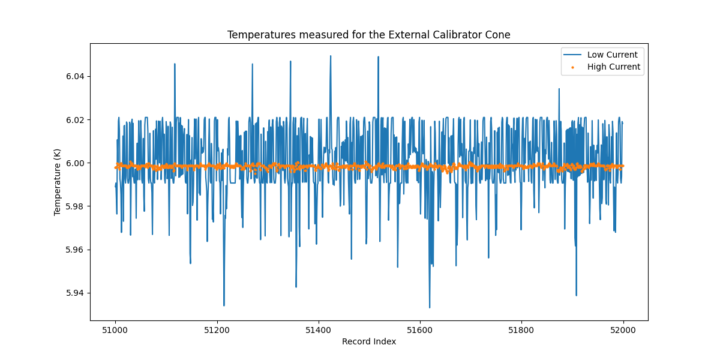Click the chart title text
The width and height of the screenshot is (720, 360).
point(368,35)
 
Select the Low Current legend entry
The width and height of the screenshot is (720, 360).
point(612,55)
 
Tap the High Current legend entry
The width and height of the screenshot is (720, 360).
point(613,67)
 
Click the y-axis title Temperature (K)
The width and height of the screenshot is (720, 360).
point(58,182)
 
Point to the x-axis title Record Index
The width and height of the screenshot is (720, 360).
point(368,341)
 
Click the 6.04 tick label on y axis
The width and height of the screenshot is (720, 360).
point(76,76)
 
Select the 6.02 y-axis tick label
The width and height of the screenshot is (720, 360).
point(76,120)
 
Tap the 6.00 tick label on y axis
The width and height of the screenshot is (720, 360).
point(76,163)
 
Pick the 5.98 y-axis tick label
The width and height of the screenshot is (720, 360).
point(76,206)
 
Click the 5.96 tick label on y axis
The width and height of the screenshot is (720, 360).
point(76,250)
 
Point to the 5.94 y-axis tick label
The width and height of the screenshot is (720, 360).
point(76,293)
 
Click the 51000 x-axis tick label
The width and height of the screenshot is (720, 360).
point(115,330)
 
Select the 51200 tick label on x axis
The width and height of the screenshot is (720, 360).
point(217,330)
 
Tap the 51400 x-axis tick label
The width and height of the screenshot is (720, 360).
point(318,330)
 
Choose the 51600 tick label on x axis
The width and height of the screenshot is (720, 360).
point(419,330)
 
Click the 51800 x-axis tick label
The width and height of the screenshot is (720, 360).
point(521,330)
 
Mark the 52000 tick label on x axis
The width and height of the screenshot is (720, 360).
point(623,330)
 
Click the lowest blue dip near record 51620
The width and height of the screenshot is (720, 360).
point(430,307)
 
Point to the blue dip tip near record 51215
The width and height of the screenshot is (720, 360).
point(224,305)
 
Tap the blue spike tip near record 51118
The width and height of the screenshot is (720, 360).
point(175,64)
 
